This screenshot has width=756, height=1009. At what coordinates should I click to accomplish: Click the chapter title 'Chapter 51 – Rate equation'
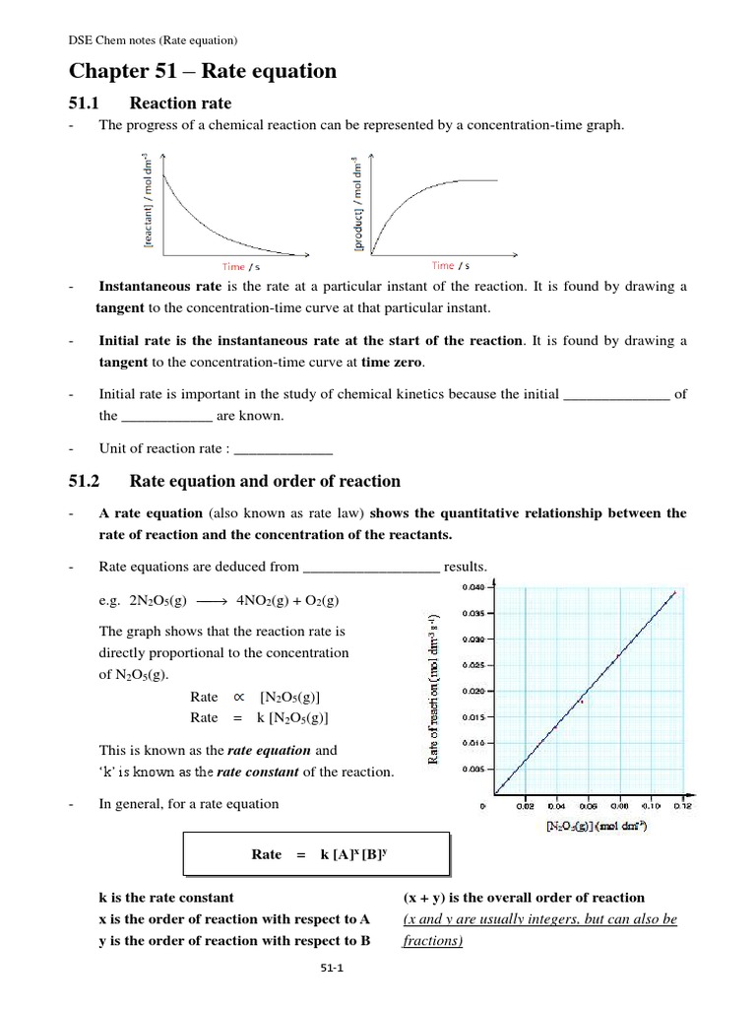[x=202, y=71]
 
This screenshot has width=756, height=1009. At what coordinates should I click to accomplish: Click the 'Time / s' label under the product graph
[x=451, y=265]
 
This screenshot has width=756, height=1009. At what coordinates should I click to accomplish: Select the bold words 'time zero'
[x=394, y=361]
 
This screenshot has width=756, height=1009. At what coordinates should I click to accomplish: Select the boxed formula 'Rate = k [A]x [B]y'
[x=317, y=854]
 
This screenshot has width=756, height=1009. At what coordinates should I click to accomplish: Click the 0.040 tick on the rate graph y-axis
[x=472, y=587]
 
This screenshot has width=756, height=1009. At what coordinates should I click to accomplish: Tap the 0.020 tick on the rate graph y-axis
[x=472, y=691]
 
